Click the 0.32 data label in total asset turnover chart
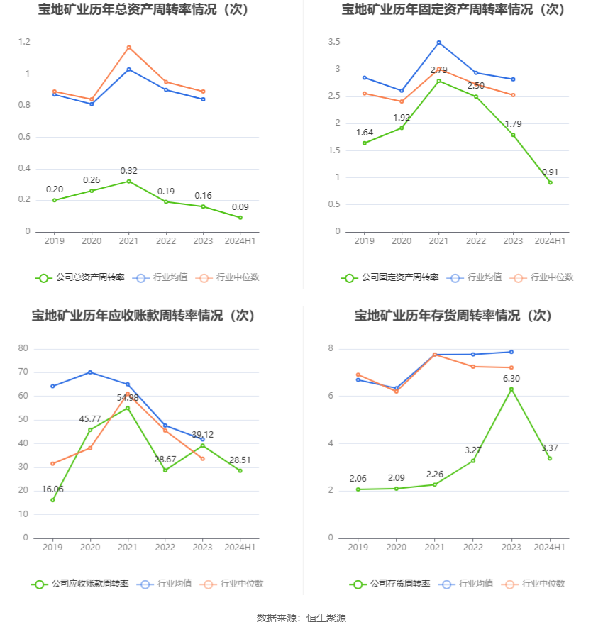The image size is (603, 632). coord(128,171)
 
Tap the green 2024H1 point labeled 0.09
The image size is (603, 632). coord(240,217)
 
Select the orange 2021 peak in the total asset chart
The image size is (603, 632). coord(128,48)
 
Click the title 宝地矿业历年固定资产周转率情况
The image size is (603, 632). coord(453,9)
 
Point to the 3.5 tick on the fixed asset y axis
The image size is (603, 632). coord(334,43)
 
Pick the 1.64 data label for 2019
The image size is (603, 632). coord(365,133)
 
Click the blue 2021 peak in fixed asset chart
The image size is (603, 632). coord(439,43)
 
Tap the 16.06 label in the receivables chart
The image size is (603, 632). coord(52,489)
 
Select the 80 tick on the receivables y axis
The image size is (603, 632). coord(23,348)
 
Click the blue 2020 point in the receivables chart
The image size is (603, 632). coord(90,372)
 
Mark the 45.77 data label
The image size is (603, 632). coord(91,419)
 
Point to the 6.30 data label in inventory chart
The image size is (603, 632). coord(511,379)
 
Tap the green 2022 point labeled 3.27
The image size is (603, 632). coord(473,460)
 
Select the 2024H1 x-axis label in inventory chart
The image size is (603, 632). coord(549,548)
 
